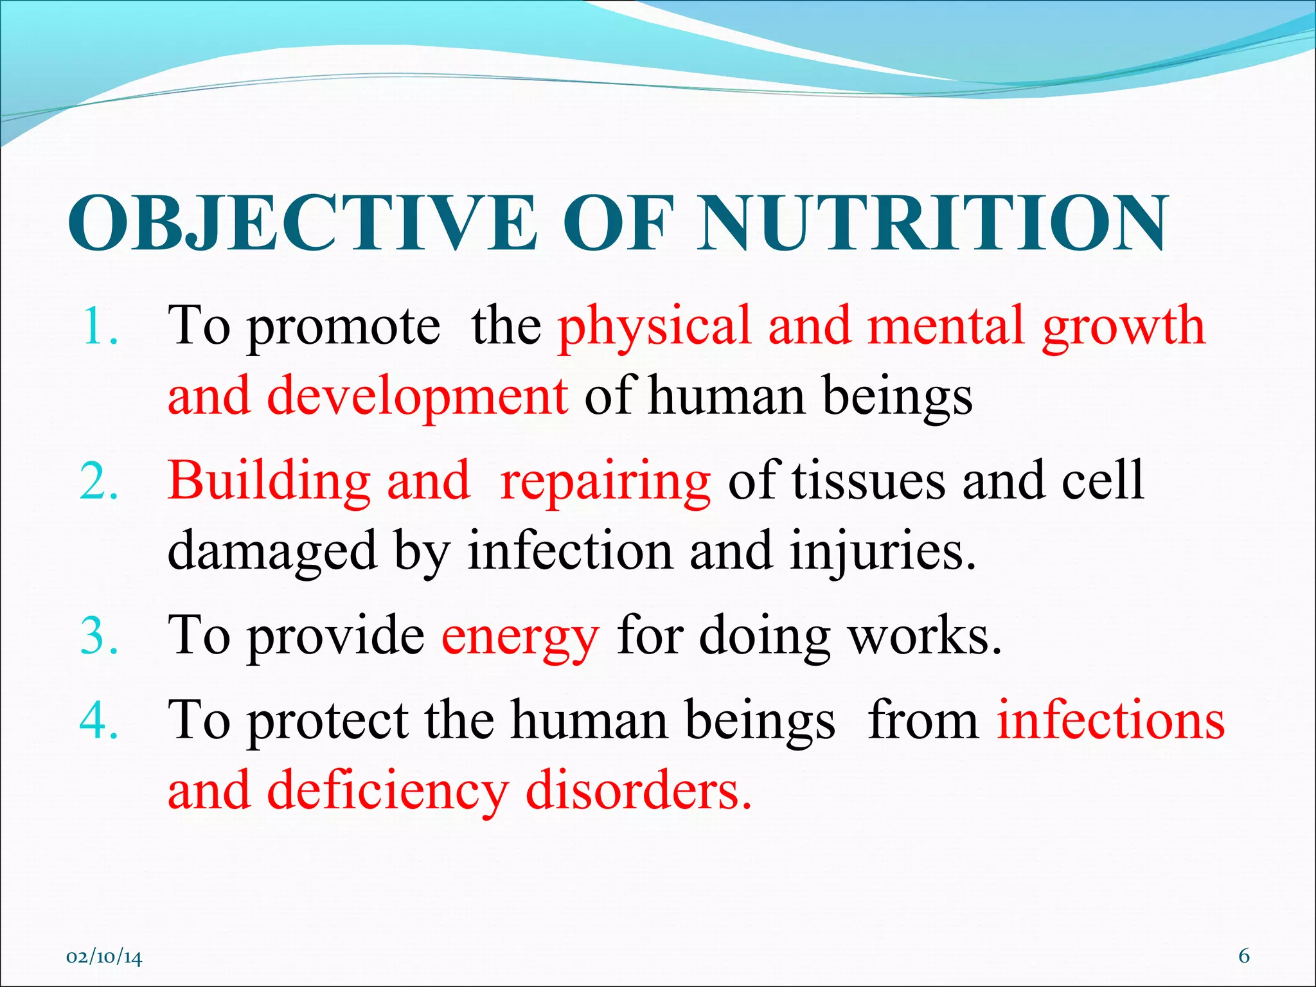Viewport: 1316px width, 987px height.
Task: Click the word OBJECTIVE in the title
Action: [x=302, y=223]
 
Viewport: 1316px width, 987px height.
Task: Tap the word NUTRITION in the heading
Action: [x=933, y=223]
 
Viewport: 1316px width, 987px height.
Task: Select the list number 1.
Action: [x=100, y=326]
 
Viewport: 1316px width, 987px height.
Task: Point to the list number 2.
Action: [x=100, y=481]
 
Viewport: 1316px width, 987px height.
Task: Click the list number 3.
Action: [x=100, y=636]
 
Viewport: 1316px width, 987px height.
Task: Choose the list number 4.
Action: [x=100, y=720]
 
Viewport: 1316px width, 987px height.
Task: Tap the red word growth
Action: [x=1123, y=326]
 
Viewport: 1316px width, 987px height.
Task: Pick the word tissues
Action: [x=868, y=481]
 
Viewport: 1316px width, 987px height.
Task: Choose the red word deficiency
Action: [x=387, y=792]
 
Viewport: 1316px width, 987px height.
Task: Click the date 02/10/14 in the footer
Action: [x=104, y=957]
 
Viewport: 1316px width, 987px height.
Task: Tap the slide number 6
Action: [x=1244, y=956]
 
